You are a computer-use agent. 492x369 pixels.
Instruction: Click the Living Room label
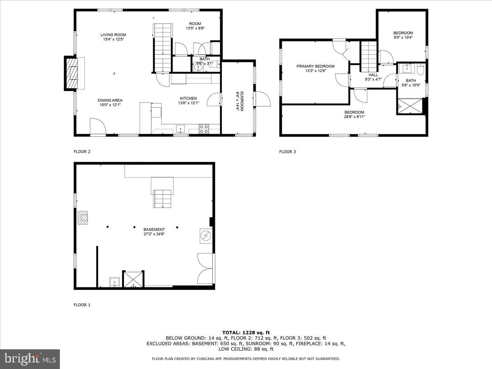point(113,35)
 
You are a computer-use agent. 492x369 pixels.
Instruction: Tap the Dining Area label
point(110,100)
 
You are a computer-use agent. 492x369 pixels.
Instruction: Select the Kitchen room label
point(188,98)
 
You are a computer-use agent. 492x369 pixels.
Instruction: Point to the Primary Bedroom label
point(315,66)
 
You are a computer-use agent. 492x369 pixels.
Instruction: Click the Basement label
point(154,230)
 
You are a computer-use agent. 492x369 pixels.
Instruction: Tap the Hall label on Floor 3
point(373,75)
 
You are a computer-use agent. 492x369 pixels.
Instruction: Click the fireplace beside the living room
point(72,73)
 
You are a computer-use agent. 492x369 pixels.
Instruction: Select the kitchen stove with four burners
point(204,129)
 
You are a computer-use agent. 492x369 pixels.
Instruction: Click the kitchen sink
point(181,129)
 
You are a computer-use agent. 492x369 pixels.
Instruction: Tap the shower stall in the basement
point(133,280)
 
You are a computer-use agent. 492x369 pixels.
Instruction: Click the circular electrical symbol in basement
point(206,235)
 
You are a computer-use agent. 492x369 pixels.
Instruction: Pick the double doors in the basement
point(205,269)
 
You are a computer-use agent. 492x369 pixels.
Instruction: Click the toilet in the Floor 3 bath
point(420,69)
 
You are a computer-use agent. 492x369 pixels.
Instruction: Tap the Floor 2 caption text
point(82,152)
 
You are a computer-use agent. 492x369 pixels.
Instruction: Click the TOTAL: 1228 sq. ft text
point(246,333)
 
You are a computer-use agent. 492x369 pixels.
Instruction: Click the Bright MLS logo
point(30,359)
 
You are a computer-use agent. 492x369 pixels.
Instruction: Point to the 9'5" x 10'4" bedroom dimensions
point(403,37)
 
